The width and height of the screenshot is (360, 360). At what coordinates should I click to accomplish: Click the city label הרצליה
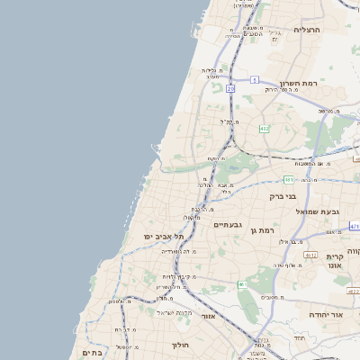pyautogui.click(x=307, y=30)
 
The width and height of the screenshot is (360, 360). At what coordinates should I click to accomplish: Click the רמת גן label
pyautogui.click(x=262, y=230)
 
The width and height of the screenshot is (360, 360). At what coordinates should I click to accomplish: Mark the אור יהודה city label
pyautogui.click(x=326, y=315)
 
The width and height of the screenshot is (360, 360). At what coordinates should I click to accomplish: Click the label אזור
pyautogui.click(x=208, y=316)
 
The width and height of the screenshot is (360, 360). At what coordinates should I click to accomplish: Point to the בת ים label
pyautogui.click(x=92, y=353)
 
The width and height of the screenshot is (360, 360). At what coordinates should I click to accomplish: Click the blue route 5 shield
pyautogui.click(x=255, y=80)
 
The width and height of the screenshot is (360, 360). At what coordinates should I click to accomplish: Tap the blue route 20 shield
pyautogui.click(x=231, y=89)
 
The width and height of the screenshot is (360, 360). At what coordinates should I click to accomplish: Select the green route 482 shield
pyautogui.click(x=264, y=130)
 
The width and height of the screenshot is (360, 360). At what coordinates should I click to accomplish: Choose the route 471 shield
pyautogui.click(x=355, y=227)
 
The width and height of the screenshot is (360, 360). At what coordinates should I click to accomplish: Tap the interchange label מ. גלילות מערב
pyautogui.click(x=211, y=73)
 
